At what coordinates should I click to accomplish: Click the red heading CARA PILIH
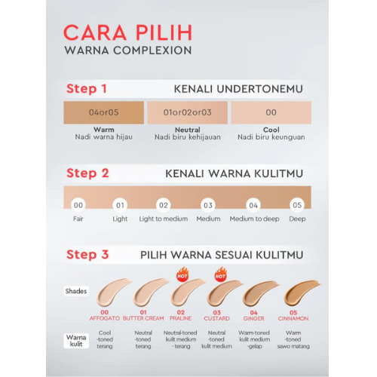click(x=128, y=32)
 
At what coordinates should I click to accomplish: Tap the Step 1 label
click(x=87, y=89)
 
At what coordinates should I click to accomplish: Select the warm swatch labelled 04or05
click(x=104, y=112)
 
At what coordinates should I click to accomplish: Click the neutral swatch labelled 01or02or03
click(x=188, y=112)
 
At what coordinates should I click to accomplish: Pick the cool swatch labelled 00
click(x=271, y=112)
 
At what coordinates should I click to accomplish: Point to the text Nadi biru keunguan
click(x=271, y=137)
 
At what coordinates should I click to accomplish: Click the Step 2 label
click(x=87, y=173)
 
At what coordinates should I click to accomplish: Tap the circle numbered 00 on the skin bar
click(x=78, y=205)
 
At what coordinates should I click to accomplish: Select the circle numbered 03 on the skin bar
click(x=208, y=205)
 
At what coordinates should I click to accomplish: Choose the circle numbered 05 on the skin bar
click(x=297, y=205)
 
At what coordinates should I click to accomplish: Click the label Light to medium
click(x=164, y=219)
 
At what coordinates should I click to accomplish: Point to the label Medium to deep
click(x=254, y=219)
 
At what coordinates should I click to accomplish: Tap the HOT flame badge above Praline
click(x=182, y=274)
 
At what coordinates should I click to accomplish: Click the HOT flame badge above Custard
click(x=220, y=274)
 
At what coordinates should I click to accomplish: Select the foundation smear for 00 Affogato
click(x=111, y=293)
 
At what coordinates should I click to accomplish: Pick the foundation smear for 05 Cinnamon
click(x=299, y=293)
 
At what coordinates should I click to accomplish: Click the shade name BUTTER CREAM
click(x=143, y=318)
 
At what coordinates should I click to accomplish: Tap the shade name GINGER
click(x=253, y=318)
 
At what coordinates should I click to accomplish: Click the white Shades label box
click(x=76, y=291)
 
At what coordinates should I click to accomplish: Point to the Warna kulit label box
click(x=76, y=341)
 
